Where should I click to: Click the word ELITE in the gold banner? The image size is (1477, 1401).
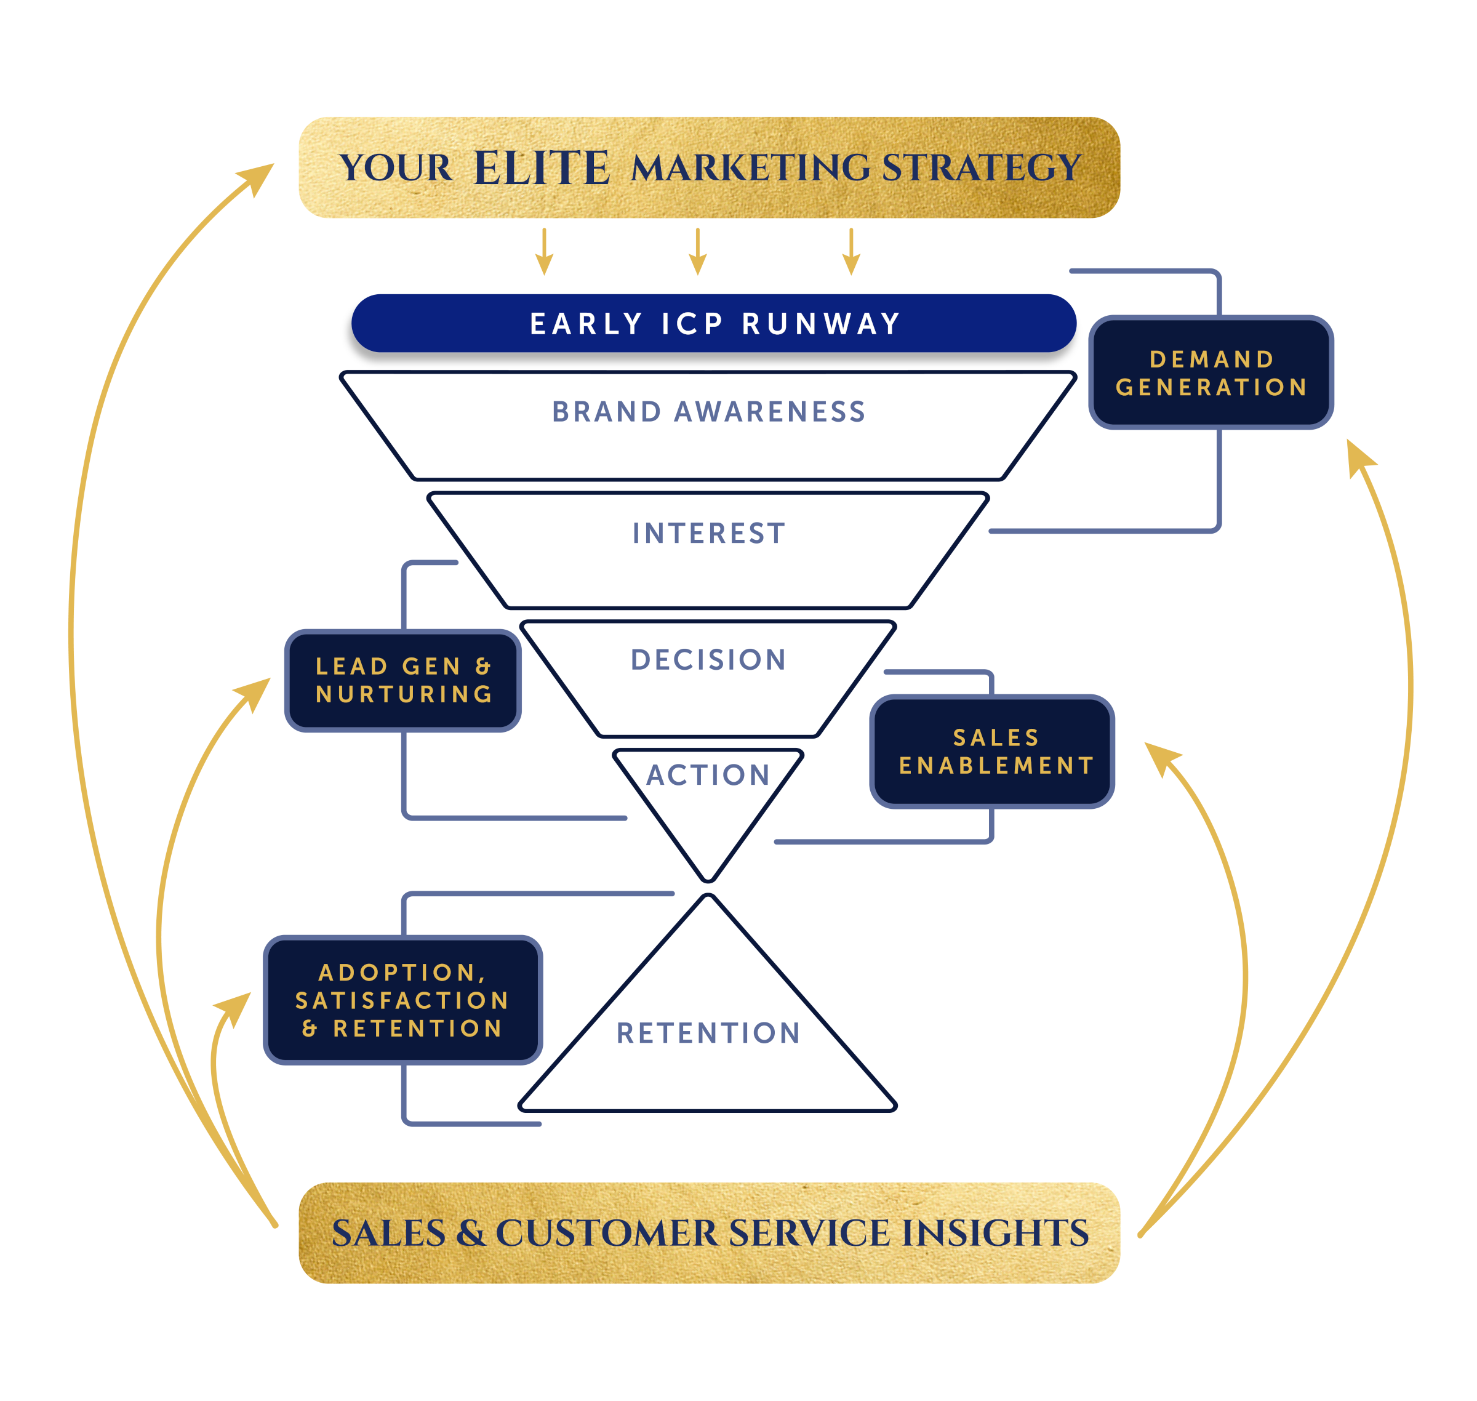[x=542, y=167]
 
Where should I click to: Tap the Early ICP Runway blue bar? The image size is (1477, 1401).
[x=714, y=323]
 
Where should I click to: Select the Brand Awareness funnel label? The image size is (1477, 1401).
[x=708, y=411]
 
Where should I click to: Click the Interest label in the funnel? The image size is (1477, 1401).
[x=708, y=533]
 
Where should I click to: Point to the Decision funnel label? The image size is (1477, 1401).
[x=708, y=659]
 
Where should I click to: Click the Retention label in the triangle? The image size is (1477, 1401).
[x=708, y=1034]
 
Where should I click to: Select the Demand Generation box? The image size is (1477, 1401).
[x=1211, y=372]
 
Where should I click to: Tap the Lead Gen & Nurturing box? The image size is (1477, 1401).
[x=403, y=680]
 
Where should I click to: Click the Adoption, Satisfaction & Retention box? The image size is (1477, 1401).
[x=403, y=1000]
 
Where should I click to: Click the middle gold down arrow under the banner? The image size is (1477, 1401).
[x=697, y=253]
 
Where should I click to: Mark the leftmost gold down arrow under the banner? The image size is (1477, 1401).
[x=545, y=253]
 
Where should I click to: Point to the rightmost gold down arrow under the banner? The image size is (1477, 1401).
[x=851, y=253]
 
